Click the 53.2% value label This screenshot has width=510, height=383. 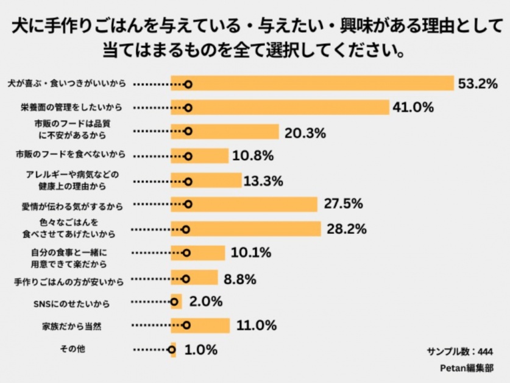coord(478,84)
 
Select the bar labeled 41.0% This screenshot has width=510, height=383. coord(280,108)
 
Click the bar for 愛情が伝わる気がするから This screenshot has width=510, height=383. coord(244,205)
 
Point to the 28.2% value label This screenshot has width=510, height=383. coord(347,229)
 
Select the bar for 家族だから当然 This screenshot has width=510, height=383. coord(200,326)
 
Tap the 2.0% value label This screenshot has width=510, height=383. coord(205,301)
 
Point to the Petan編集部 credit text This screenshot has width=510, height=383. coord(466,368)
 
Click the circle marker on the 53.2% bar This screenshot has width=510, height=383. coord(188,84)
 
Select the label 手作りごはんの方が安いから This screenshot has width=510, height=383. coord(69,282)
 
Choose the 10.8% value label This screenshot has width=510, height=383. coord(252,156)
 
